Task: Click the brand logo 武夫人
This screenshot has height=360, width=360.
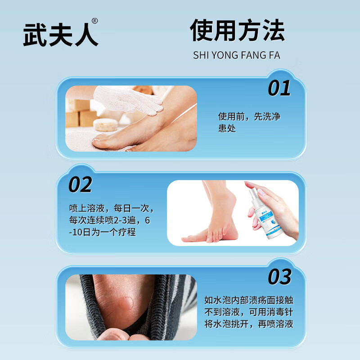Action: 60,34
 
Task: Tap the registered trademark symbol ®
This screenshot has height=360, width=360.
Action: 94,21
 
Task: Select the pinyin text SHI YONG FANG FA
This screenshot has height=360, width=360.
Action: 237,55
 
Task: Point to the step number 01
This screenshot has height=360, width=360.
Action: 279,89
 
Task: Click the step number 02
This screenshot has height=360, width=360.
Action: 80,184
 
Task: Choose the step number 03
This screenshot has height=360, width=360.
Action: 279,277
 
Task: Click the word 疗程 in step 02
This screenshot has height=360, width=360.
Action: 126,232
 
